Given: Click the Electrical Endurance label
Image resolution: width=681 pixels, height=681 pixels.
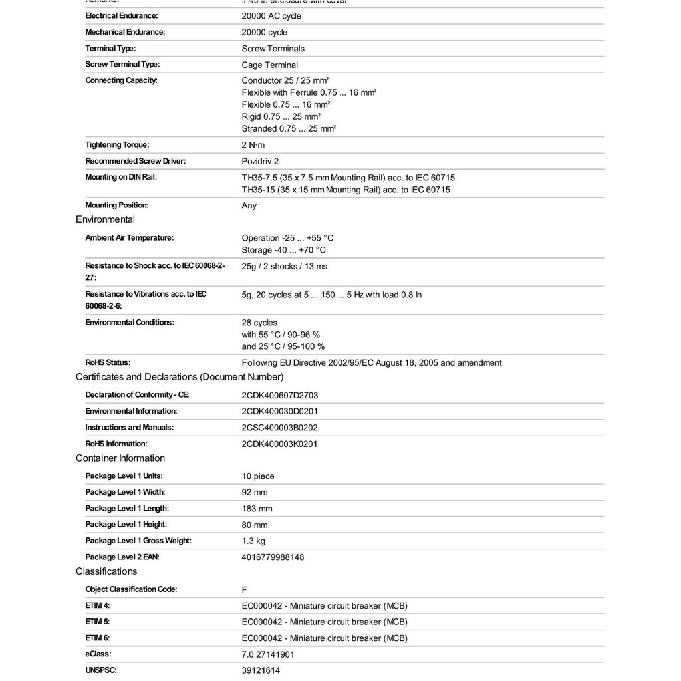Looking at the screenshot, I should coord(122,15).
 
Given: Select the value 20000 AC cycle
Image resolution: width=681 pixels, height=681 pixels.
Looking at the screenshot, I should coord(271,16).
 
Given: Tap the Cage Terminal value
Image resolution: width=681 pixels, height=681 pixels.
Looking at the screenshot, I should coord(270,65).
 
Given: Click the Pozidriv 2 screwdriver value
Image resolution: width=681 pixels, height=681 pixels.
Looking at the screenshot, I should coord(261,161).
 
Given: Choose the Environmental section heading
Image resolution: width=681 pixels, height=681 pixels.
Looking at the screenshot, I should coord(105,219).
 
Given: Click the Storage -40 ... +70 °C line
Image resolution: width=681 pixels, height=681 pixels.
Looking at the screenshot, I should coord(284,250).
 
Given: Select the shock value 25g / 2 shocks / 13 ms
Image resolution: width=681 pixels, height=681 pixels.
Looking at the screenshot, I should coord(285,266).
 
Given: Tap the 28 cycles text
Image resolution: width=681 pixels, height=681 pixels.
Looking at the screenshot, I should coord(259,323).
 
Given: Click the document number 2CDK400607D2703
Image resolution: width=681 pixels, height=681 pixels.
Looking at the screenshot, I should coord(280,395).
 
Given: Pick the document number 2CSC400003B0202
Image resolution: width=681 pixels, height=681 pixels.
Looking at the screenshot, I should coord(280,428).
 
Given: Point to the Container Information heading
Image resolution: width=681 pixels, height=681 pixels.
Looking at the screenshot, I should coord(120,458).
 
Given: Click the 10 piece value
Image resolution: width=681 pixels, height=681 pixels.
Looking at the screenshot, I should coord(258,476).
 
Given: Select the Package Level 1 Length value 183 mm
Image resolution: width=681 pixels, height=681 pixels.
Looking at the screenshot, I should coord(257,509).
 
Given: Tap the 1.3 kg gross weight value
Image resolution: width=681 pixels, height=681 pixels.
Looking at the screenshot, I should coord(253,541).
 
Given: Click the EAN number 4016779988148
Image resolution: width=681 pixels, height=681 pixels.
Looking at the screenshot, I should coord(273,557).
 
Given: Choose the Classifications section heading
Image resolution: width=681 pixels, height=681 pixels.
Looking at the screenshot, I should coord(106,571).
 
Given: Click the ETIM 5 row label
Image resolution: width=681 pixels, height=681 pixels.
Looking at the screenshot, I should coord(98,622).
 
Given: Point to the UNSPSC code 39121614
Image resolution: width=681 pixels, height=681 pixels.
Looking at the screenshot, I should coord(261,670).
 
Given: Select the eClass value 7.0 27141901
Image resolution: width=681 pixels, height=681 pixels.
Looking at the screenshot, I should coord(268,654).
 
